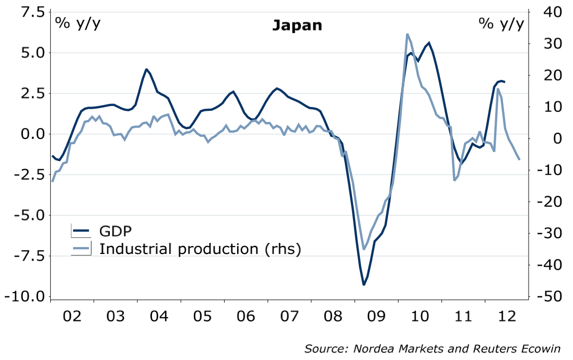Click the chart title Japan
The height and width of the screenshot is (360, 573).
pos(297,25)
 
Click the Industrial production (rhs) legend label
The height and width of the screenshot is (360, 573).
pos(200,248)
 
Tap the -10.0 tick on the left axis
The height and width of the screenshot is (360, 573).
pos(26,297)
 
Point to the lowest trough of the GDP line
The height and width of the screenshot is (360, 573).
pos(364,285)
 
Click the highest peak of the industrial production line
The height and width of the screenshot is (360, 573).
pos(407,34)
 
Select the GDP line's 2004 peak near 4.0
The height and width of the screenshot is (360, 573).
pos(146,69)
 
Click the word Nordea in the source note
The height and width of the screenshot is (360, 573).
pos(375,349)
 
